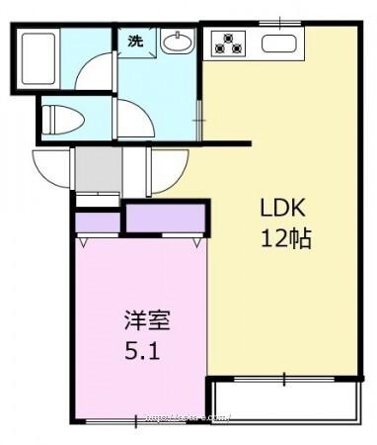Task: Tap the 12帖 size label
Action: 286,238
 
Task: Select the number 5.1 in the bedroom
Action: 142,351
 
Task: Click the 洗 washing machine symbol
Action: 135,42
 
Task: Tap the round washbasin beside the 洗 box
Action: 178,43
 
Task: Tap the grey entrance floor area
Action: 95,170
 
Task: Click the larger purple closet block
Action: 165,217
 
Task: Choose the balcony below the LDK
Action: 283,400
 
